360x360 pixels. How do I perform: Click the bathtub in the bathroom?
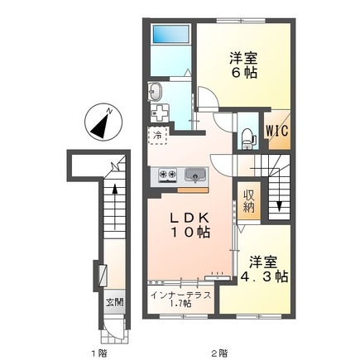coord(171,34)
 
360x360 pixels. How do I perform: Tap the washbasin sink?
coord(155,92)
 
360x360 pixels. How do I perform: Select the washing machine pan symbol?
coord(159,113)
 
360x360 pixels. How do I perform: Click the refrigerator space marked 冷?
coord(158,136)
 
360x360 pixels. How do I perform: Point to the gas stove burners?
coord(167,175)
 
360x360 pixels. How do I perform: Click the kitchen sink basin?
coord(194,175)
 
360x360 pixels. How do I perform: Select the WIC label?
coord(277,131)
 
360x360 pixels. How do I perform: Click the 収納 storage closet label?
coord(248,202)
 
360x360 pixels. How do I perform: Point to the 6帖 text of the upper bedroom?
coord(243,73)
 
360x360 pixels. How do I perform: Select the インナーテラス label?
coord(180,295)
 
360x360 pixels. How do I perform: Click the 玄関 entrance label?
coord(115,302)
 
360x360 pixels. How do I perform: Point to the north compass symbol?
coord(103,122)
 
